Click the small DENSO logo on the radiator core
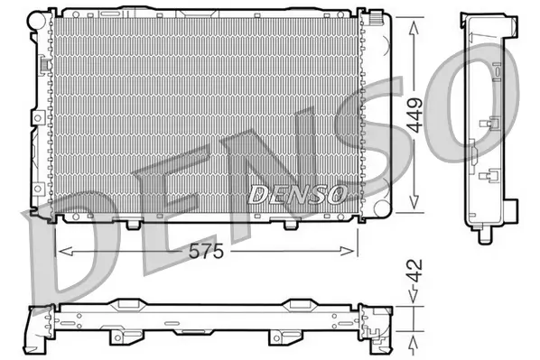[295, 193]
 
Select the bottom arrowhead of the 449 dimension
[414, 208]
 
